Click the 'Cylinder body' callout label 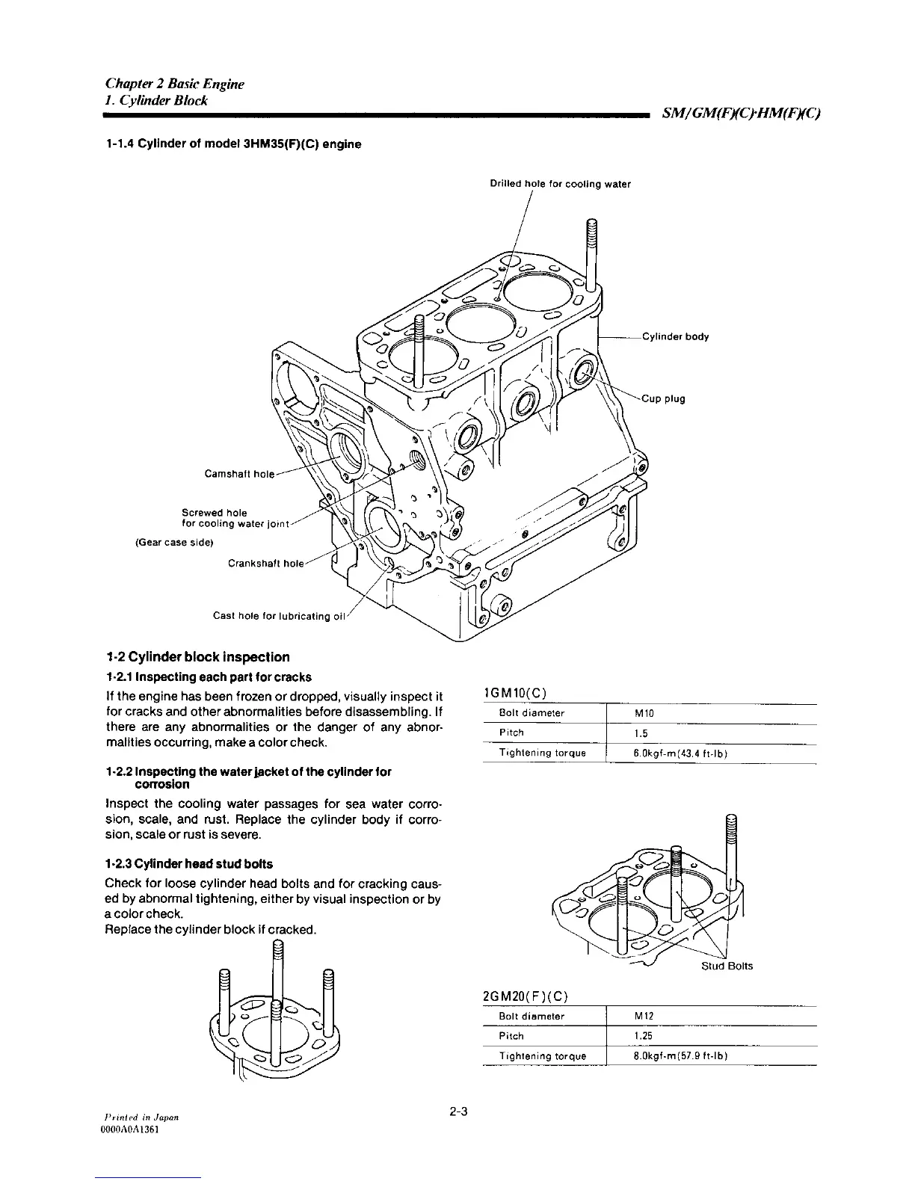point(675,336)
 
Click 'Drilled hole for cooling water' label point(560,184)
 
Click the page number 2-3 point(457,1111)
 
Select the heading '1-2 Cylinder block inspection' point(197,658)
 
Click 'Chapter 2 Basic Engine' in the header point(175,84)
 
